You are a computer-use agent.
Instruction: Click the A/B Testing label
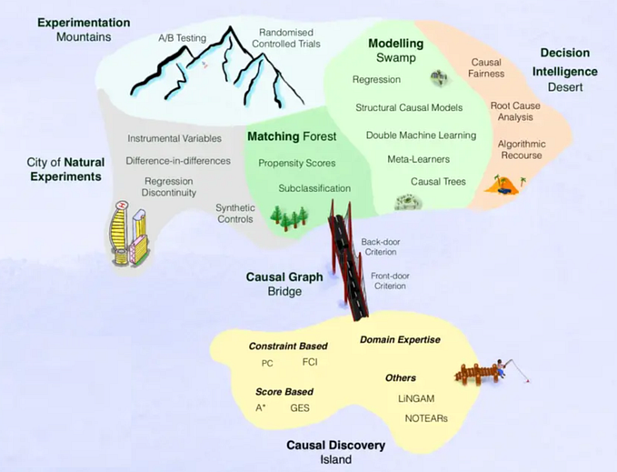182,38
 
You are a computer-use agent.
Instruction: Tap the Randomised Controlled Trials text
286,38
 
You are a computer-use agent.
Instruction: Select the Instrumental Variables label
174,138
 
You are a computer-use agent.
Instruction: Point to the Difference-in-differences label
178,161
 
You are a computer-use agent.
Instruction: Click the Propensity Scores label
297,164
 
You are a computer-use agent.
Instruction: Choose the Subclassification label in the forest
314,188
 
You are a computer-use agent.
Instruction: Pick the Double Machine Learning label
421,136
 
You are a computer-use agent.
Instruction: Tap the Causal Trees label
438,182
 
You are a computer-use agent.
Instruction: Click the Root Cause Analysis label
515,111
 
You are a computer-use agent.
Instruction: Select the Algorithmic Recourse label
522,149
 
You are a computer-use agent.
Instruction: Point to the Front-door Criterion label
390,281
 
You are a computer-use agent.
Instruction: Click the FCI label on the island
310,362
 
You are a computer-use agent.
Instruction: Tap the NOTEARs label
426,418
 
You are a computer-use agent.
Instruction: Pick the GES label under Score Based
300,408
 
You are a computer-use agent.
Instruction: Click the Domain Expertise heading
400,340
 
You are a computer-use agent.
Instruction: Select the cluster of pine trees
289,217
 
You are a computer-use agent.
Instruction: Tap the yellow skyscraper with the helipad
120,233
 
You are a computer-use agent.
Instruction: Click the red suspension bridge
349,260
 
